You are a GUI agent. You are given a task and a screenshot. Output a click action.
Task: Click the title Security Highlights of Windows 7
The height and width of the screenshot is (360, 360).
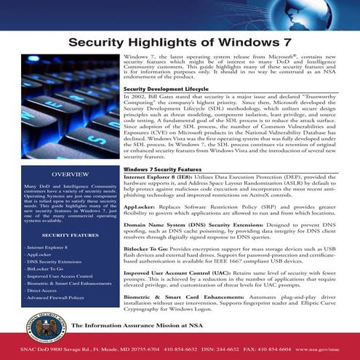point(180,42)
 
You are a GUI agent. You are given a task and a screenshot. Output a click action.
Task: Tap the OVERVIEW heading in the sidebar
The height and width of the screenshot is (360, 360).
point(60,175)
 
